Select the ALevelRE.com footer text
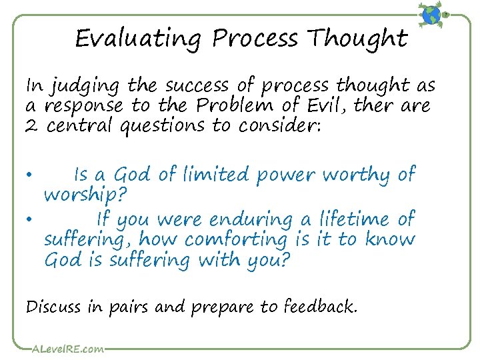tap(67, 348)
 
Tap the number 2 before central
tap(33, 125)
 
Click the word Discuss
tap(52, 307)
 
